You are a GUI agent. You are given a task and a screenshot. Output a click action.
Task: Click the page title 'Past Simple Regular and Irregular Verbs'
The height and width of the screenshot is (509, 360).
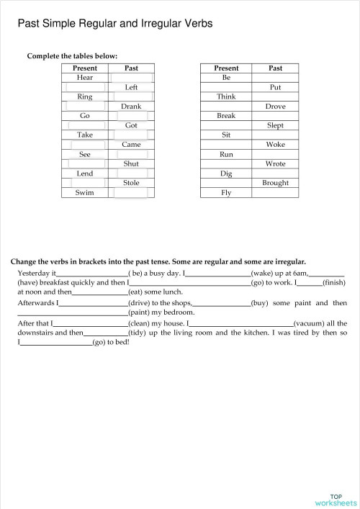coord(114,24)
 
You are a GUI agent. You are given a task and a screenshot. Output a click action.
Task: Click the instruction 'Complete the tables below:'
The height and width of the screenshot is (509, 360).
coord(72,56)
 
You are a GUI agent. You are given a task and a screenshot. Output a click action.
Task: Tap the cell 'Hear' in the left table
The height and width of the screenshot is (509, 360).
coord(85,77)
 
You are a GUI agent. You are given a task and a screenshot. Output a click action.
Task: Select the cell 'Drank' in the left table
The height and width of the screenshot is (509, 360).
coord(131,106)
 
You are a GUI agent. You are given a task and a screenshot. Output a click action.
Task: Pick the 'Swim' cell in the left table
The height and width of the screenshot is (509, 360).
coord(85,193)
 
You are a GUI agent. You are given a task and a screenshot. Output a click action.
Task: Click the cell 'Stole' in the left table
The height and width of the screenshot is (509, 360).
coord(131,183)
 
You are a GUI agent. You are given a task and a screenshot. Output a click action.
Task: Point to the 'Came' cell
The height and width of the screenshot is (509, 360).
coord(131,145)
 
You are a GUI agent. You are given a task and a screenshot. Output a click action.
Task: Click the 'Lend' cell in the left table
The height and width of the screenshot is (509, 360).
coord(85,174)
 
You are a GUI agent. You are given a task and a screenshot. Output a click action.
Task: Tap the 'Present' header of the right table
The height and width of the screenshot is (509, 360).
coord(226,68)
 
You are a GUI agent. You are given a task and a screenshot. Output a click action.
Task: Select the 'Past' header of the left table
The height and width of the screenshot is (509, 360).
coord(131,68)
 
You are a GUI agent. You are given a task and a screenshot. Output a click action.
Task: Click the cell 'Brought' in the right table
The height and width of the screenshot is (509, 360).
coord(275,183)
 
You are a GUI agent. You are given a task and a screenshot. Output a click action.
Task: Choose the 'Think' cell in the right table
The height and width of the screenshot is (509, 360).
coord(226,96)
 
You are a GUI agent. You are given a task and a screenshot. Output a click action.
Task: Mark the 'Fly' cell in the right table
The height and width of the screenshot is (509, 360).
coord(226,193)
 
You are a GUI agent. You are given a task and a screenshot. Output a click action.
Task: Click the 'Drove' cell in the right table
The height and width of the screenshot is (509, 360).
coord(275,106)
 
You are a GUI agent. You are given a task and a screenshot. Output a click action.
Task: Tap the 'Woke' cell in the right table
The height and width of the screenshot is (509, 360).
coord(275,145)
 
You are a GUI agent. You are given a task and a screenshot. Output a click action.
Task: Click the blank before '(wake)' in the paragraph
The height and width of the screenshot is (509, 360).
coord(218,274)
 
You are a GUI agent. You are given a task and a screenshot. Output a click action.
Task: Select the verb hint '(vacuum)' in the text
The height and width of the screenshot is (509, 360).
coord(309,324)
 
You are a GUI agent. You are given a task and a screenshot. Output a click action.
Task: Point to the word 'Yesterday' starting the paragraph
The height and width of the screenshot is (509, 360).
coord(34,274)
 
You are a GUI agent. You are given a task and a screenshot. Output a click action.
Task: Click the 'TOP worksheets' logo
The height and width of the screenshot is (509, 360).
coord(336,500)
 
